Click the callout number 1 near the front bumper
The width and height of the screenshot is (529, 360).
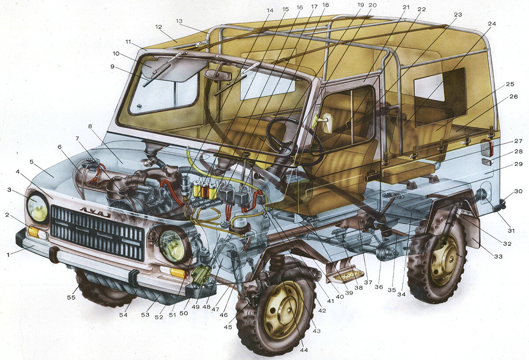point(8,255)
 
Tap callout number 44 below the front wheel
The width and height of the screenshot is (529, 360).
point(304,349)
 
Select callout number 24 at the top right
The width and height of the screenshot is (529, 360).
point(492,24)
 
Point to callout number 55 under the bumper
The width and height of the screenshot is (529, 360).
point(71,297)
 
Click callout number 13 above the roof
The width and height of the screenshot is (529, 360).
point(179,21)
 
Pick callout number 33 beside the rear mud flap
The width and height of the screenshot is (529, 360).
point(498,256)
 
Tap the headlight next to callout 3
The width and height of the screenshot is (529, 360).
point(37,208)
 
